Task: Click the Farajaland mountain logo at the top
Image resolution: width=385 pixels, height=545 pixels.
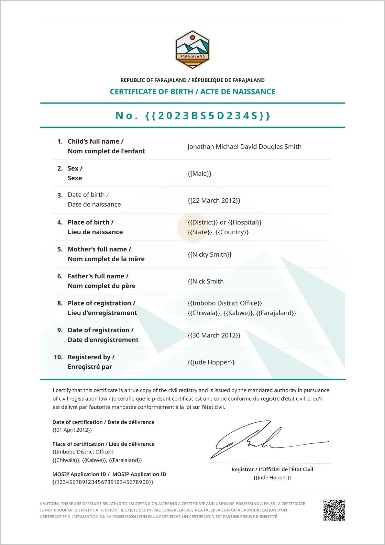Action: (192, 50)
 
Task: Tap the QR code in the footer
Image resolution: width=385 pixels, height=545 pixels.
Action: (334, 510)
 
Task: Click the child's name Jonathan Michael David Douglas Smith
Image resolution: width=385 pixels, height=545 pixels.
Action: (244, 147)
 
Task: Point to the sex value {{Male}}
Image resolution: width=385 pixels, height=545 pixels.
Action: (199, 173)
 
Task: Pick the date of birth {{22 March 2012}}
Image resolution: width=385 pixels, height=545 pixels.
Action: (214, 200)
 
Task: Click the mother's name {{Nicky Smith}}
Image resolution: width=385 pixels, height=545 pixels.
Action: (210, 254)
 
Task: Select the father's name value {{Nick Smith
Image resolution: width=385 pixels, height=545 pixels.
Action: (205, 281)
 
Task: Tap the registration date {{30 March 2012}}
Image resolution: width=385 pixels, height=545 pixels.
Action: (214, 335)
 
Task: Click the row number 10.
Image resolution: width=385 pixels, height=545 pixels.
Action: (58, 357)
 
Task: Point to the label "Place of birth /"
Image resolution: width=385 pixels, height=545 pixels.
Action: (91, 222)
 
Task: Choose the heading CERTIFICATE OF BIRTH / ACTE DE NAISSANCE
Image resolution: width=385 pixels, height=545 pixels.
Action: (192, 92)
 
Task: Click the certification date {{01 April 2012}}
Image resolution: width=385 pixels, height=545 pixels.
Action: (72, 430)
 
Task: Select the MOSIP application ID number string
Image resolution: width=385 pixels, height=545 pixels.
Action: (103, 482)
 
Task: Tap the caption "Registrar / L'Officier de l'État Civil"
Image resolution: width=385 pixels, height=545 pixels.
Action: (272, 469)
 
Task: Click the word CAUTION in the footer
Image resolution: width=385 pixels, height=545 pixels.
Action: (49, 504)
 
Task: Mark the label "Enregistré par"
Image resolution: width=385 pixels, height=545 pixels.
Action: (90, 367)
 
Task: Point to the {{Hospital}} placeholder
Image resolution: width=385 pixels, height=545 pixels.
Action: (245, 222)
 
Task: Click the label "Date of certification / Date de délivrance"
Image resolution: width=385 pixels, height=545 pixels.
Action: (104, 422)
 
